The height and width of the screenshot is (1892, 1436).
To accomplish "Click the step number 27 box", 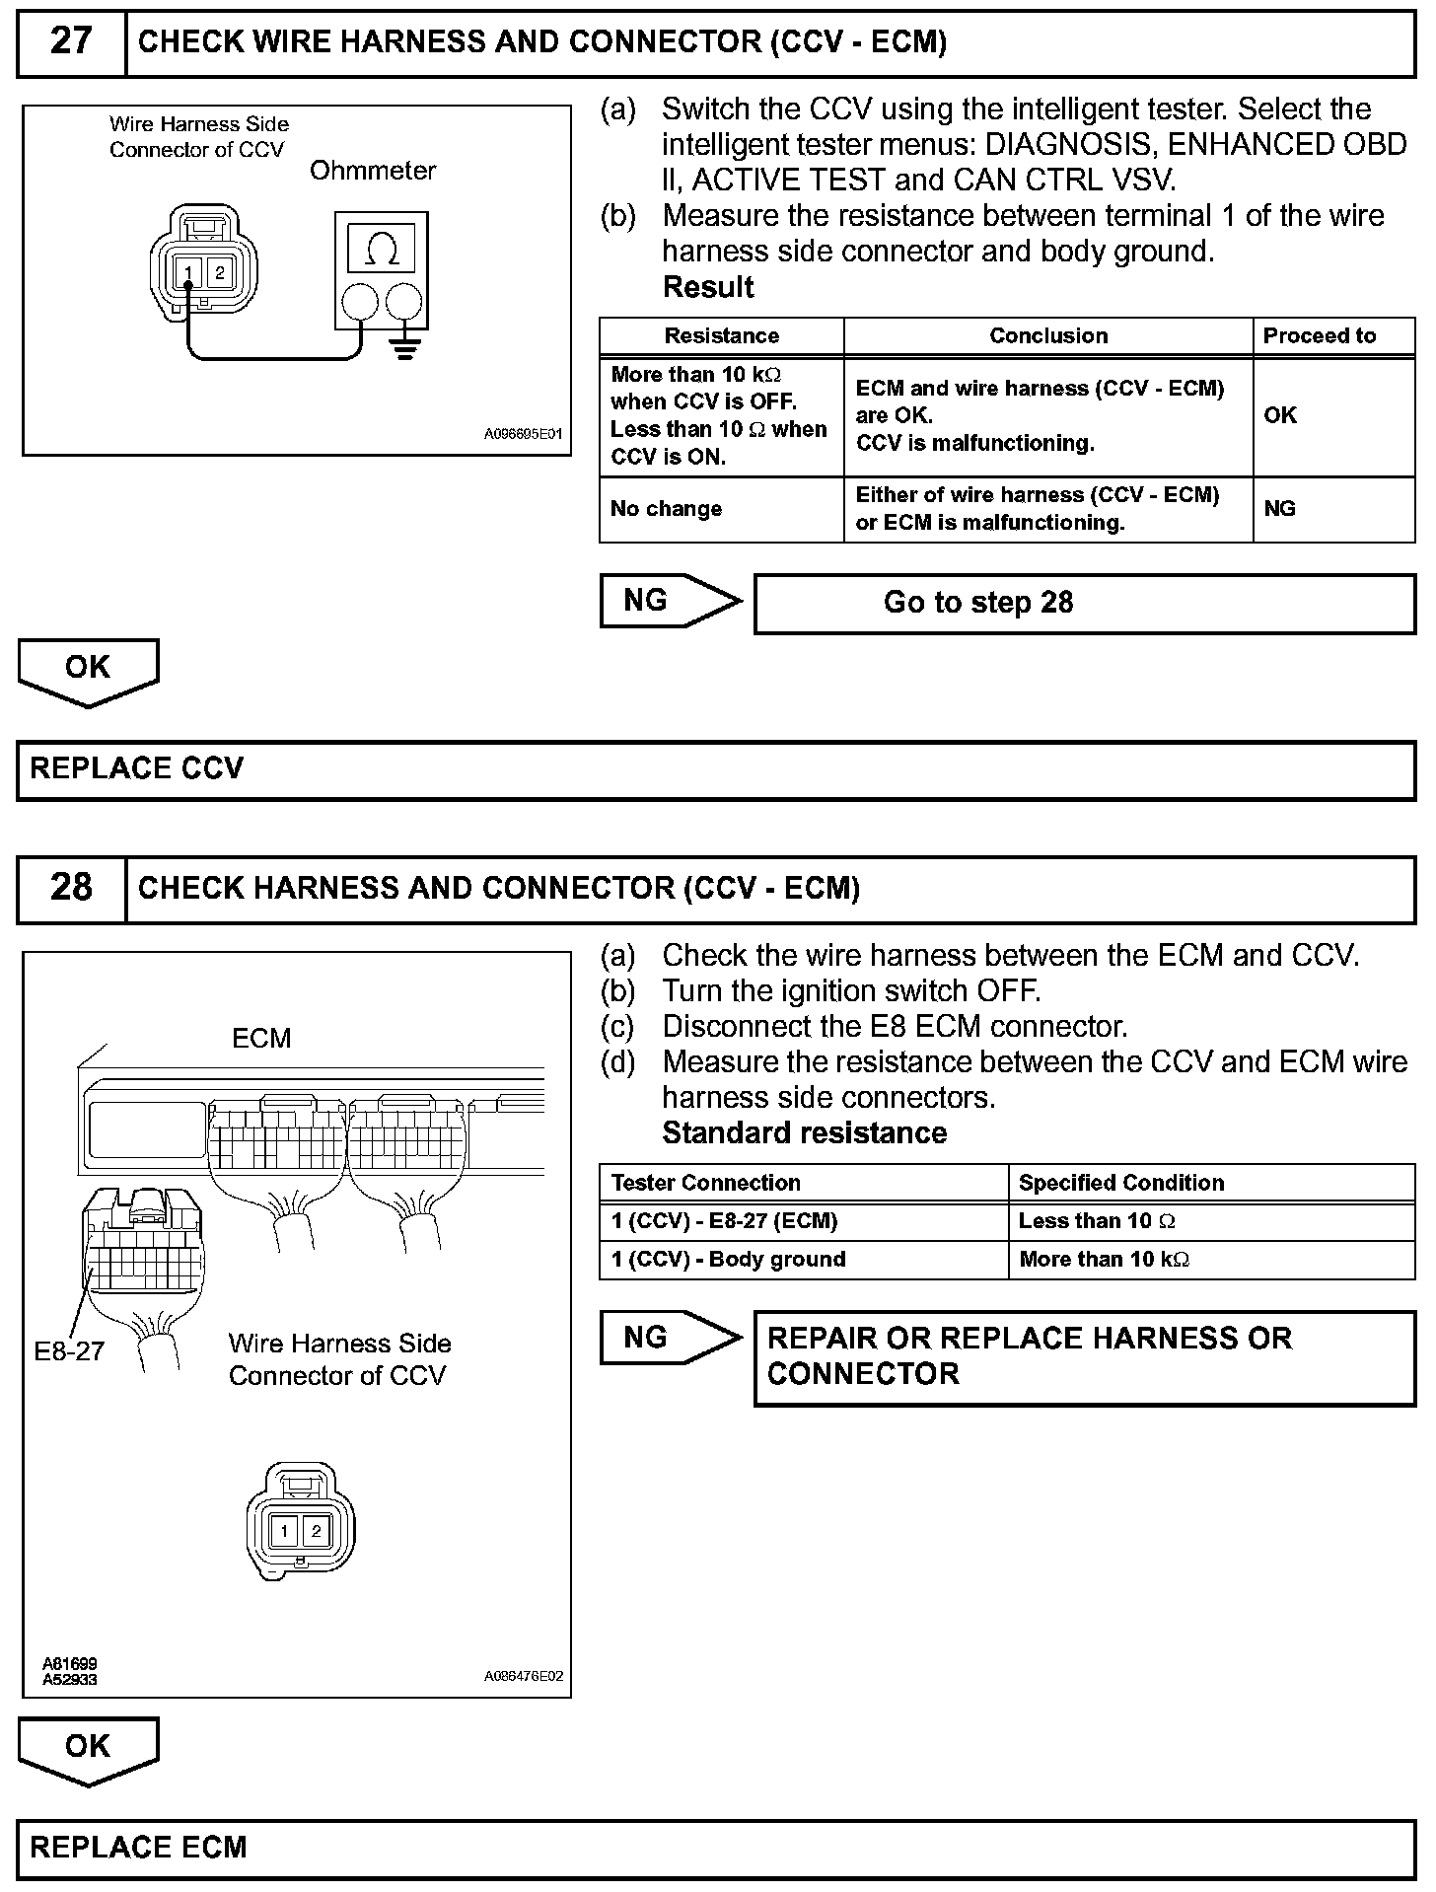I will click(71, 42).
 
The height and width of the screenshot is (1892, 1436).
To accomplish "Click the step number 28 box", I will click(71, 888).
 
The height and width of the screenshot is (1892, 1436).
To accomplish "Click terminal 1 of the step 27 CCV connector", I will click(188, 273).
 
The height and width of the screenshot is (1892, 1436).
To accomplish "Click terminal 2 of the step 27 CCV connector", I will click(219, 273).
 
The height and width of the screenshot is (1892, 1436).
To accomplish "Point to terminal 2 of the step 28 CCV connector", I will click(316, 1531).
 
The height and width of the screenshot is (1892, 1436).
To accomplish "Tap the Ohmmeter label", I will click(373, 171).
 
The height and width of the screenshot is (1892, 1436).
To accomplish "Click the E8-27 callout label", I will click(69, 1351).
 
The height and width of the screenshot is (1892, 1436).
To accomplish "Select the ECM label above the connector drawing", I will click(261, 1038).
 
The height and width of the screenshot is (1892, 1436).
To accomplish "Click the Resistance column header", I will click(721, 336).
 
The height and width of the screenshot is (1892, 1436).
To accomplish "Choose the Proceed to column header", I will click(1320, 336).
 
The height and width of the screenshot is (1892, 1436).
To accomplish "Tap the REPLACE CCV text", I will click(137, 769).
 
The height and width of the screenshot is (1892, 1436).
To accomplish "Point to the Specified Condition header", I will click(1121, 1183).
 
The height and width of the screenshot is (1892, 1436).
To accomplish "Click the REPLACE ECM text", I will click(138, 1848).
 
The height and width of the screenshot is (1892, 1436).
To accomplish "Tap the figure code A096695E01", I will click(523, 434).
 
